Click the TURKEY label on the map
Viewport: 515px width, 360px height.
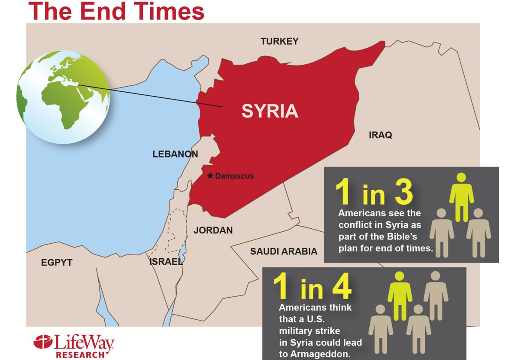point(279,42)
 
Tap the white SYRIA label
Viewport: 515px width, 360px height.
point(270,111)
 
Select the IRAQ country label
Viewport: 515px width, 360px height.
point(380,136)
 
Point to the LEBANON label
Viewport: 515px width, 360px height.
point(175,154)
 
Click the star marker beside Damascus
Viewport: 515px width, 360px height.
point(210,176)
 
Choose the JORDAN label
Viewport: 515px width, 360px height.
point(213,230)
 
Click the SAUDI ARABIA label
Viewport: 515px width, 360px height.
point(284,251)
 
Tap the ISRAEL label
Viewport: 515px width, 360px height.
point(166,262)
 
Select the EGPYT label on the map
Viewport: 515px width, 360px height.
point(57,263)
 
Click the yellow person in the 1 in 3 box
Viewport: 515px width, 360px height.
point(461,197)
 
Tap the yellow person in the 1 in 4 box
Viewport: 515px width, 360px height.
point(400,295)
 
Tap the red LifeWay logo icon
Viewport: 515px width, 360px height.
point(42,342)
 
